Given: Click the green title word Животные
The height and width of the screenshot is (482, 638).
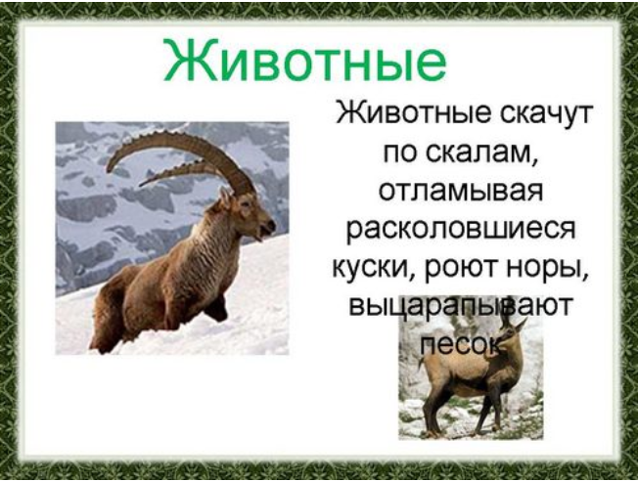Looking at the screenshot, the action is tap(304, 62).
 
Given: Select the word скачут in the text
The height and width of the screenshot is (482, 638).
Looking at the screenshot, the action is tap(546, 113).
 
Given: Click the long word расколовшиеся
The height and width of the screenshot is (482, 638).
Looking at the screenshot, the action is tap(461, 231).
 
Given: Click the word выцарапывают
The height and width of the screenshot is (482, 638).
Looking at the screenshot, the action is tap(461, 308).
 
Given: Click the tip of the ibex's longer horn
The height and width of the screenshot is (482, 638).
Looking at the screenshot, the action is tap(109, 170).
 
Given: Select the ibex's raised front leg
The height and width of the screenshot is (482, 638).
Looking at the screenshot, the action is tap(215, 308).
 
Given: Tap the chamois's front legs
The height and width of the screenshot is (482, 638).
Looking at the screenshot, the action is tap(487, 407).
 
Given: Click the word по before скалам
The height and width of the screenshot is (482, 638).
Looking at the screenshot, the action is tap(402, 154).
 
